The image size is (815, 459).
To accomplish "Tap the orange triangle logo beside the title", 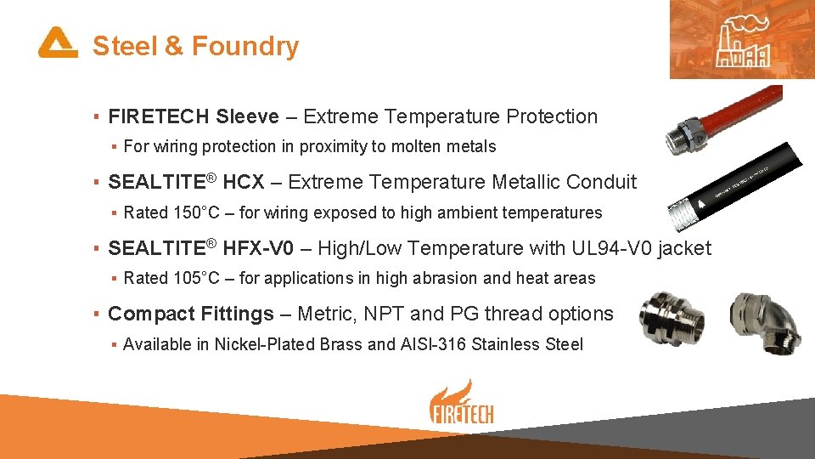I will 57,42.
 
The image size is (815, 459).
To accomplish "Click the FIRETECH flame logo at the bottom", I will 461,404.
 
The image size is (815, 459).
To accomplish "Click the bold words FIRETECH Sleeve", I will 194,116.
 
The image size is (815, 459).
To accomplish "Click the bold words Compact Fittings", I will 191,314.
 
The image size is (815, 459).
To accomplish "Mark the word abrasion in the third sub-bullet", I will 427,278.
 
